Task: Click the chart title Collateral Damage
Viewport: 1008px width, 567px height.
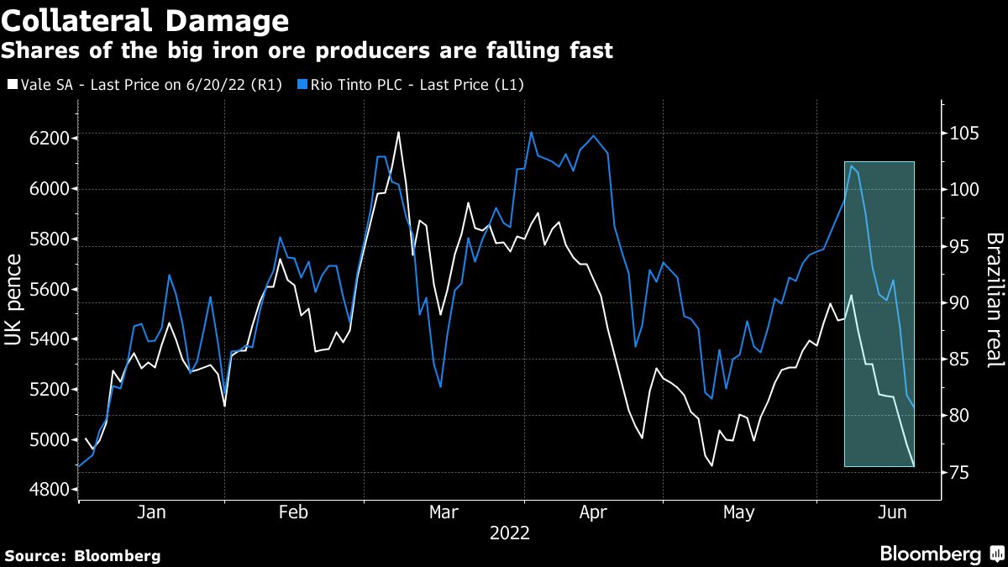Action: click(x=145, y=19)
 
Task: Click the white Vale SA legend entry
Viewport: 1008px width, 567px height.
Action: click(x=148, y=85)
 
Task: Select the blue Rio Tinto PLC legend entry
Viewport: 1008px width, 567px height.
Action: click(x=418, y=85)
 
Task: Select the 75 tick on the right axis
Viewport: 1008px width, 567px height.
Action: click(x=954, y=473)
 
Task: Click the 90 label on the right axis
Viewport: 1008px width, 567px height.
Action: click(x=954, y=303)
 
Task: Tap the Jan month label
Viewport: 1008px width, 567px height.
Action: click(x=151, y=512)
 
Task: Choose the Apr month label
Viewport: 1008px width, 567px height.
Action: click(x=594, y=512)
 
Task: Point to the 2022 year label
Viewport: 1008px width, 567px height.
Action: click(x=509, y=533)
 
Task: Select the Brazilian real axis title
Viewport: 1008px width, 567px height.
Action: click(x=995, y=300)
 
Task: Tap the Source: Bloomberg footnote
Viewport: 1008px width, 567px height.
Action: click(x=82, y=555)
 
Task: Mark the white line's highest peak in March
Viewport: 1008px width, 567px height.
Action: click(x=397, y=133)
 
